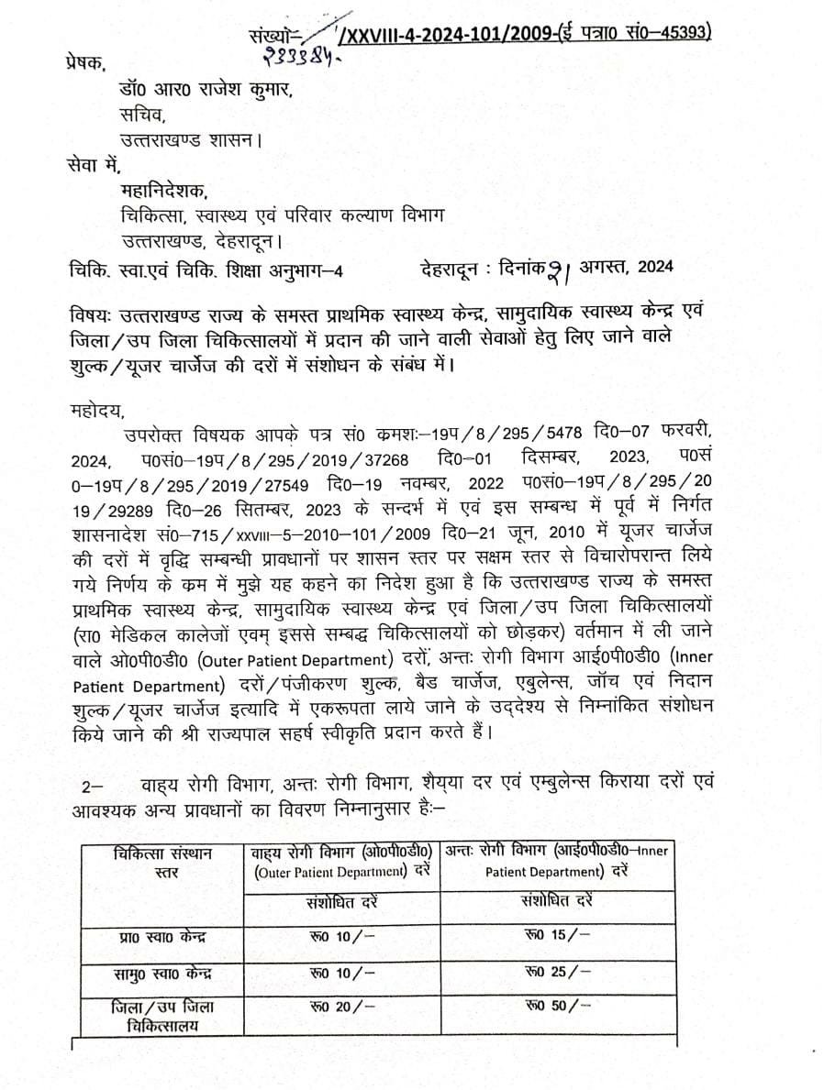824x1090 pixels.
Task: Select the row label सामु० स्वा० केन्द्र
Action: (160, 972)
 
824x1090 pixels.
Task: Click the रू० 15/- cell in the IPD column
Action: (556, 935)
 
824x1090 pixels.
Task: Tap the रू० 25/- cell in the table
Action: (556, 970)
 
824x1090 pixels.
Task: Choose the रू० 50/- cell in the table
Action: (556, 1005)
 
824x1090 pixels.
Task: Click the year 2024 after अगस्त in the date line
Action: (653, 267)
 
